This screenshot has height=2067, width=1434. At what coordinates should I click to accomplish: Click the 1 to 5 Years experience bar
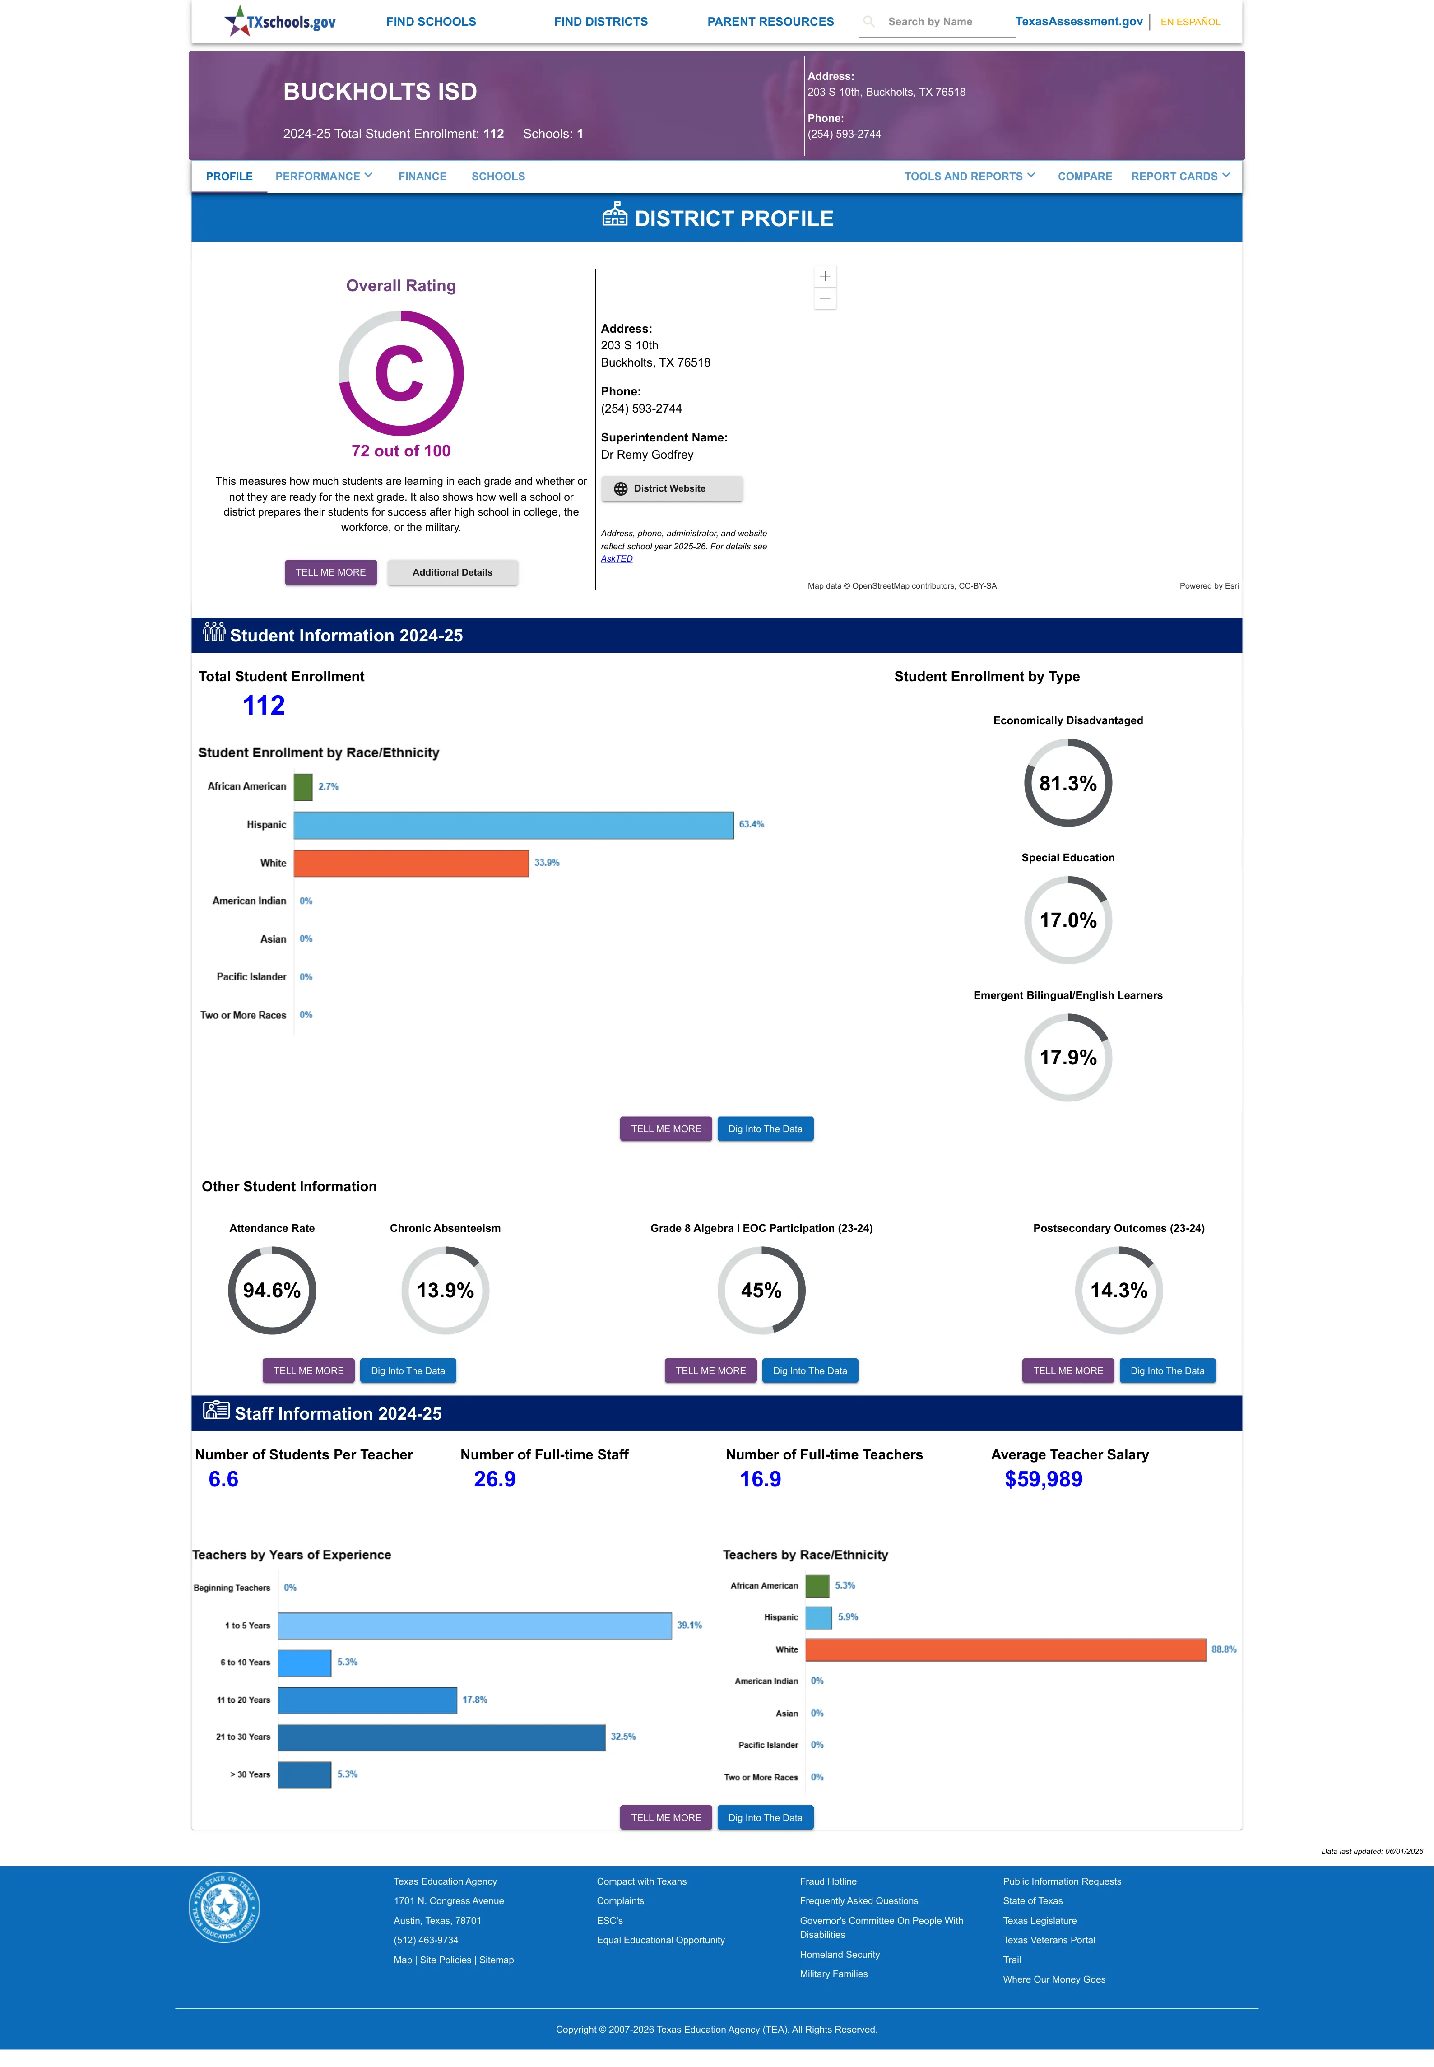pyautogui.click(x=474, y=1625)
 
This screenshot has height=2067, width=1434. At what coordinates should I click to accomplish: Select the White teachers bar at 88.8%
pyautogui.click(x=1005, y=1649)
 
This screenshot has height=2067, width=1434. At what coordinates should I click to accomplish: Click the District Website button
pyautogui.click(x=671, y=489)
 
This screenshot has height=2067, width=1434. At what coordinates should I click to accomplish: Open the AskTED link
pyautogui.click(x=617, y=559)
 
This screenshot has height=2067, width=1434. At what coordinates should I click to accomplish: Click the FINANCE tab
pyautogui.click(x=422, y=176)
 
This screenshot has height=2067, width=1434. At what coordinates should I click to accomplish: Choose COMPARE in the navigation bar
pyautogui.click(x=1085, y=176)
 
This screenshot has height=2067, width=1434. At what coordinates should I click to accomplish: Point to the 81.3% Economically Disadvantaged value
pyautogui.click(x=1067, y=783)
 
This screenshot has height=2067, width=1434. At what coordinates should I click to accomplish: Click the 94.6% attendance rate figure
pyautogui.click(x=271, y=1290)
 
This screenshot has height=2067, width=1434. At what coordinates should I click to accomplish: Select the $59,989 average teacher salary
pyautogui.click(x=1043, y=1479)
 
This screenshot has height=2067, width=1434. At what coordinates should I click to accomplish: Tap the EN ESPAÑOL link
pyautogui.click(x=1190, y=22)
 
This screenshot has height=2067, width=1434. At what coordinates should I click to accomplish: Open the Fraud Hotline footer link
pyautogui.click(x=827, y=1881)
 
